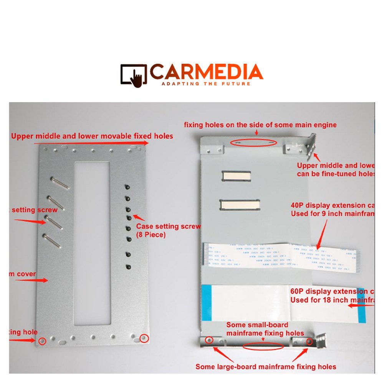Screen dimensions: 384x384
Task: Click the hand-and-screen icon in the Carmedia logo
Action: (134, 74)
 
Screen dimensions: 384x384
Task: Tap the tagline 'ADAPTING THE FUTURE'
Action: (206, 83)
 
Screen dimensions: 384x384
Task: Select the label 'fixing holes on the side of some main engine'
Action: (260, 125)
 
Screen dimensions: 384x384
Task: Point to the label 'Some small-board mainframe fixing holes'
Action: (265, 329)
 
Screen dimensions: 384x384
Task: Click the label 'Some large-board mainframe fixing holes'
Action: (266, 367)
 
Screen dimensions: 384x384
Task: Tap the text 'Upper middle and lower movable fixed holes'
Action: (92, 136)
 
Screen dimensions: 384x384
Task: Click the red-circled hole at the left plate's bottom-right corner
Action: (144, 338)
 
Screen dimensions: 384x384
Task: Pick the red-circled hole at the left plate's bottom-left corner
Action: (42, 341)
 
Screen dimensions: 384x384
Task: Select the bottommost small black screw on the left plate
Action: (127, 266)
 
